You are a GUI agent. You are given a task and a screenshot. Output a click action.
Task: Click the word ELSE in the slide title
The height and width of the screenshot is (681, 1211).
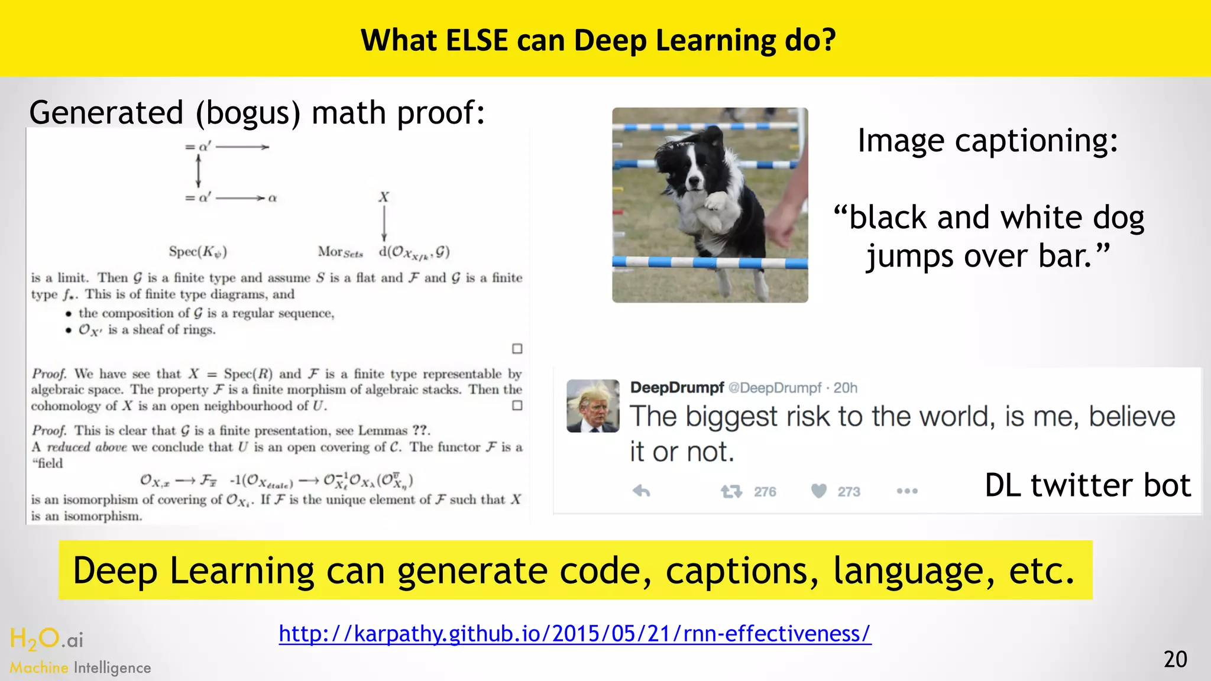pos(477,40)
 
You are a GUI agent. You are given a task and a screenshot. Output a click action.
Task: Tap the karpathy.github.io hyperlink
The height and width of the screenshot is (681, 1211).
pos(575,633)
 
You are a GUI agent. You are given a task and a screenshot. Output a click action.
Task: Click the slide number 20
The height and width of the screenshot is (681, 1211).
pos(1175,659)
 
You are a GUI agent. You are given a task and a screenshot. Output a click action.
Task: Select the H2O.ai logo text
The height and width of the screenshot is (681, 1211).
pos(47,639)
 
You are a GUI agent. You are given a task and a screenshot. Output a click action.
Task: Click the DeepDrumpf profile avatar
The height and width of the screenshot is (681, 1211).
pos(592,406)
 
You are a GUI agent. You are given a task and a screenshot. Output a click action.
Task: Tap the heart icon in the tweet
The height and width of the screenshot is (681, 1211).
pos(818,491)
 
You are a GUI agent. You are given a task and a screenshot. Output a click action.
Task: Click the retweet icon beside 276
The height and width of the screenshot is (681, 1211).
pos(731,491)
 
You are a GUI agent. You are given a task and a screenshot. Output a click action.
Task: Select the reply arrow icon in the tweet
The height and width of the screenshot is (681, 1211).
pos(642,491)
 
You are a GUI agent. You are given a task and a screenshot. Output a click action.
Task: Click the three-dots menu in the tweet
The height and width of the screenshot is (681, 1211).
pos(906,491)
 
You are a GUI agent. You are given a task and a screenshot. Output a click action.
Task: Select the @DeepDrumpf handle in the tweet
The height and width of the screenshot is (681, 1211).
pos(775,388)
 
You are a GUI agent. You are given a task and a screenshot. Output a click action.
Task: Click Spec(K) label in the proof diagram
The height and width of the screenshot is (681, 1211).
pos(198,252)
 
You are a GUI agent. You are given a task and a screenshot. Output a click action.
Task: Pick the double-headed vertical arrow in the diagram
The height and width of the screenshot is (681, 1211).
pos(198,172)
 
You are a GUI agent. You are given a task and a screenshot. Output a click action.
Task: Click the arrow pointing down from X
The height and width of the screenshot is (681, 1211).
pos(384,225)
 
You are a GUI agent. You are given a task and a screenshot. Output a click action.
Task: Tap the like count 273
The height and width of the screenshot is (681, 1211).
pos(849,492)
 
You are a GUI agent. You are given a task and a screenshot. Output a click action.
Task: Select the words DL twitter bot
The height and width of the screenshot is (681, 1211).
pos(1087,485)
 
